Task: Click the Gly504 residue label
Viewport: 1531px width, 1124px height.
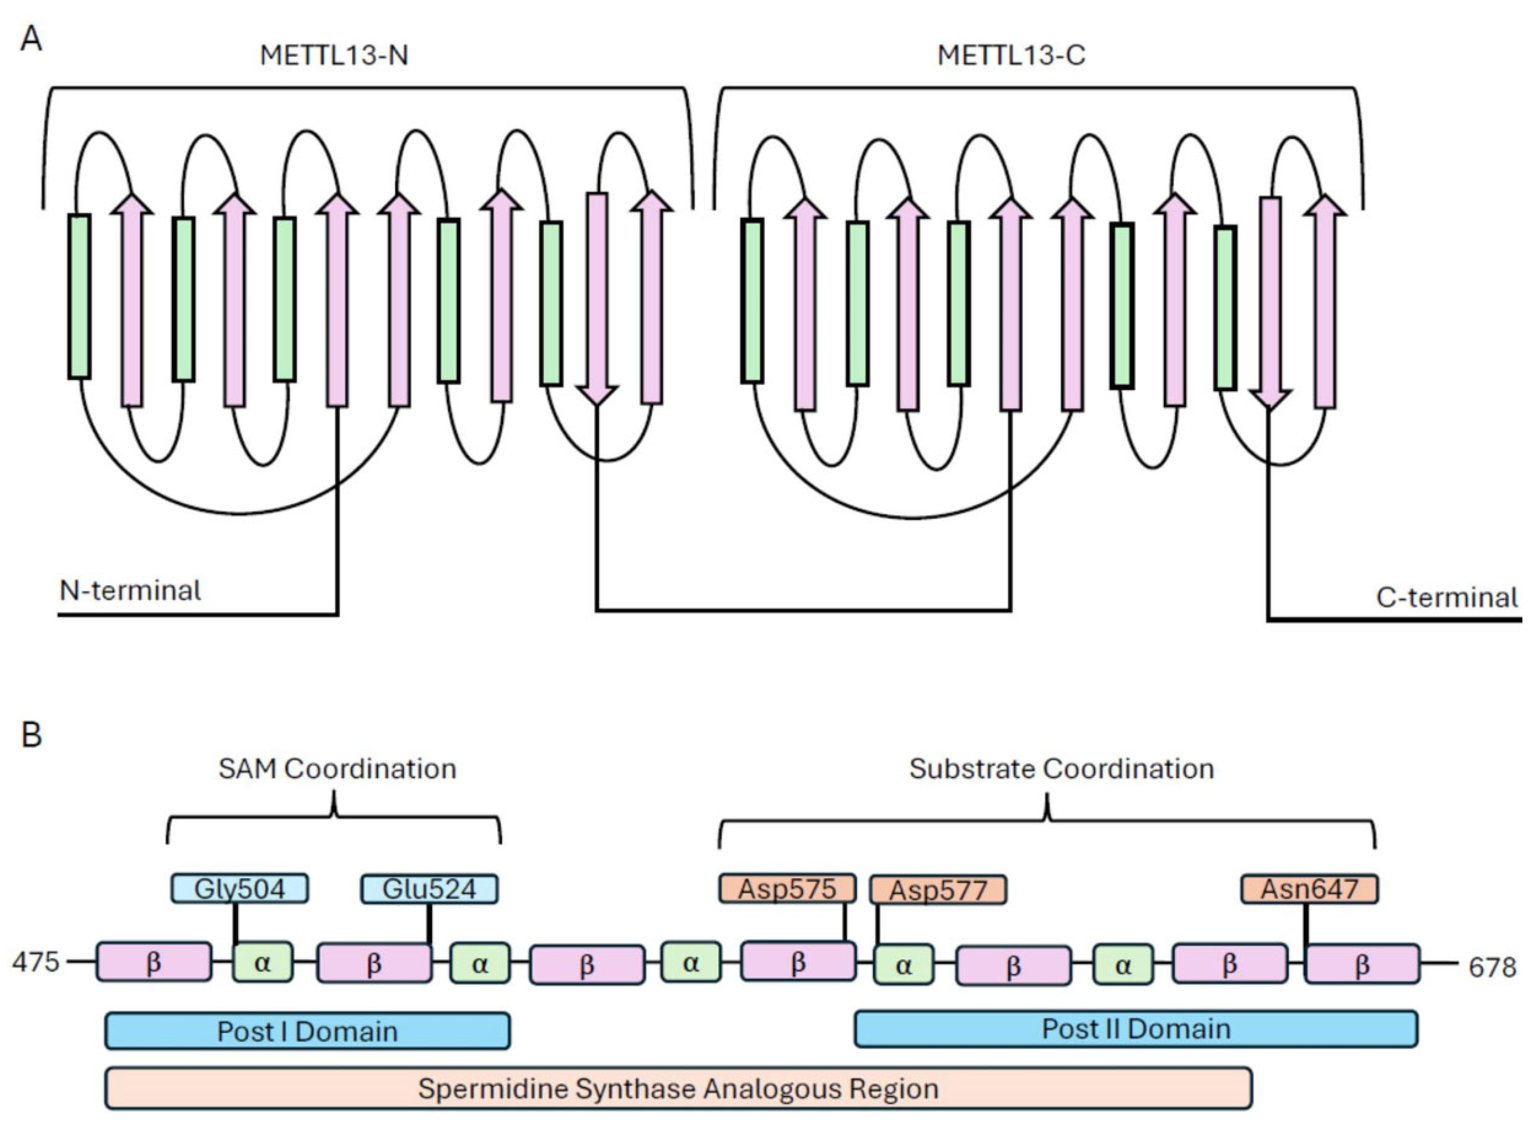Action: [x=239, y=888]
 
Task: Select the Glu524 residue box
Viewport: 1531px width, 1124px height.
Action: [x=429, y=888]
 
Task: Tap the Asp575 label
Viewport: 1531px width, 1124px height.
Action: [x=787, y=888]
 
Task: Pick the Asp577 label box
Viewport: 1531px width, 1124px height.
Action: [x=938, y=890]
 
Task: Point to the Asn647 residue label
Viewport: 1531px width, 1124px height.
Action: [x=1309, y=888]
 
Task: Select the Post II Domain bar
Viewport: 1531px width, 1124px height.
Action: [x=1136, y=1029]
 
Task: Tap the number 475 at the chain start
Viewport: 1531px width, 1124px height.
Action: [x=35, y=962]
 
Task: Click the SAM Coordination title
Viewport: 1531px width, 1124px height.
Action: [x=337, y=769]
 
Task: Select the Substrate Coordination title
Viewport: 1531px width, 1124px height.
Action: [x=1061, y=769]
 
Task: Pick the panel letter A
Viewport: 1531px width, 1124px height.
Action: [x=31, y=39]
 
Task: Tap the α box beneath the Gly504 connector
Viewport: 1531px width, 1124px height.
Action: [x=262, y=962]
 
